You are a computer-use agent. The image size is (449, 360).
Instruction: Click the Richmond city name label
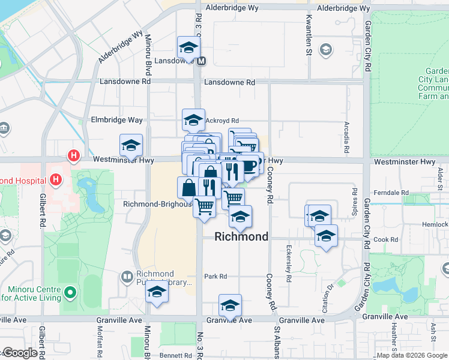click(242, 237)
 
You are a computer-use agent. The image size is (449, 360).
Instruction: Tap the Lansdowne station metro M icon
click(202, 61)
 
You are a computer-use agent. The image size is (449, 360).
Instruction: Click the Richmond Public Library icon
click(127, 277)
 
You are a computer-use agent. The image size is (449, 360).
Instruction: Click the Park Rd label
click(215, 277)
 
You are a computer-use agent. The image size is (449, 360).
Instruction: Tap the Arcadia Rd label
click(346, 139)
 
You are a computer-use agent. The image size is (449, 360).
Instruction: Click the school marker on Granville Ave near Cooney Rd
click(230, 305)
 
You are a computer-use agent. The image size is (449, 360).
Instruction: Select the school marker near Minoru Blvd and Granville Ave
click(157, 292)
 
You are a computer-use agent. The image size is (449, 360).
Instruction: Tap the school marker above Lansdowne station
click(188, 47)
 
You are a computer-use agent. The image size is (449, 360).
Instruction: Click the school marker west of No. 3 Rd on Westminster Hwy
click(131, 145)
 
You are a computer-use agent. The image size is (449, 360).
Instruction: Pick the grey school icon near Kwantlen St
click(327, 50)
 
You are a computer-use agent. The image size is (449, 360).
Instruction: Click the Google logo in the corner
click(19, 353)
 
